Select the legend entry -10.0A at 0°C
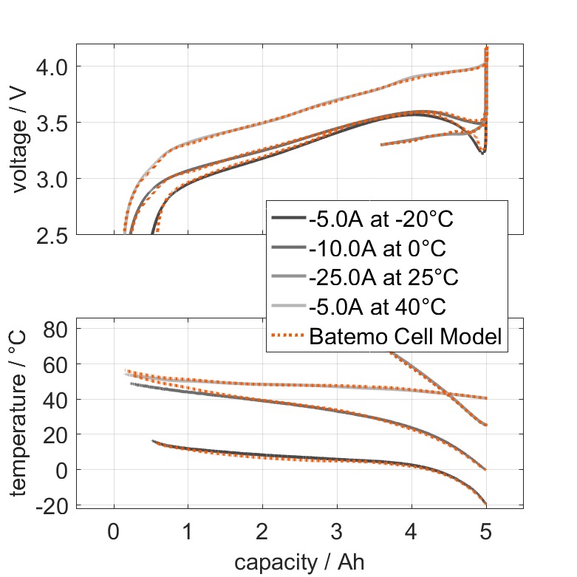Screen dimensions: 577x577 click(x=376, y=249)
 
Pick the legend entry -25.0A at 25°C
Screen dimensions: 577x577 click(x=384, y=279)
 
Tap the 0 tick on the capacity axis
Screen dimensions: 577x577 click(x=114, y=532)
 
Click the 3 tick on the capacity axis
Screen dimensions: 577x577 click(x=337, y=532)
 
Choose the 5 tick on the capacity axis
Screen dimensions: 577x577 click(x=485, y=532)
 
